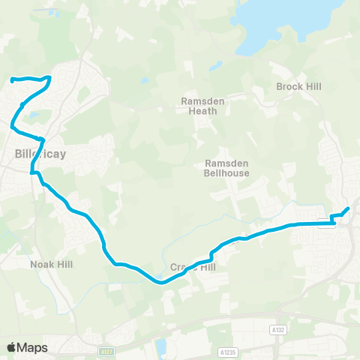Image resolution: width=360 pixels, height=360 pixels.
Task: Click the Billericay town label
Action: point(40,154)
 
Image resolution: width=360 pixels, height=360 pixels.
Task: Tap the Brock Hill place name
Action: point(298,87)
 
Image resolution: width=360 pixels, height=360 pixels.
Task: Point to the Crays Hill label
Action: point(193,267)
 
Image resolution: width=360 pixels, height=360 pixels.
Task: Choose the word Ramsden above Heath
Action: point(199,100)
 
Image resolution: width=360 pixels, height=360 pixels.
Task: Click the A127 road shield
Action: point(105,349)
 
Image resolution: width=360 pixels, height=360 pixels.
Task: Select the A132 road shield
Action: point(277,329)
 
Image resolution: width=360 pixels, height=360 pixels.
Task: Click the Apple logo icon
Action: point(11,347)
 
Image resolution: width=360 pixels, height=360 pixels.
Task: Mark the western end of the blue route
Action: point(13,79)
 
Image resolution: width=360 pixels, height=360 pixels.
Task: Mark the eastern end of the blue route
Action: point(348,208)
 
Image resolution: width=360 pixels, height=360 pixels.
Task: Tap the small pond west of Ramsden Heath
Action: point(143,81)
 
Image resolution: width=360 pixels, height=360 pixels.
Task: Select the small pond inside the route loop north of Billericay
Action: point(34,116)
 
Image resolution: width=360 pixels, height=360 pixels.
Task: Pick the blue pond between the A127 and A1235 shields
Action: point(161,346)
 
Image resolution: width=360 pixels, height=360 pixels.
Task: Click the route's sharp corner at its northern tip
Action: point(49,77)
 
